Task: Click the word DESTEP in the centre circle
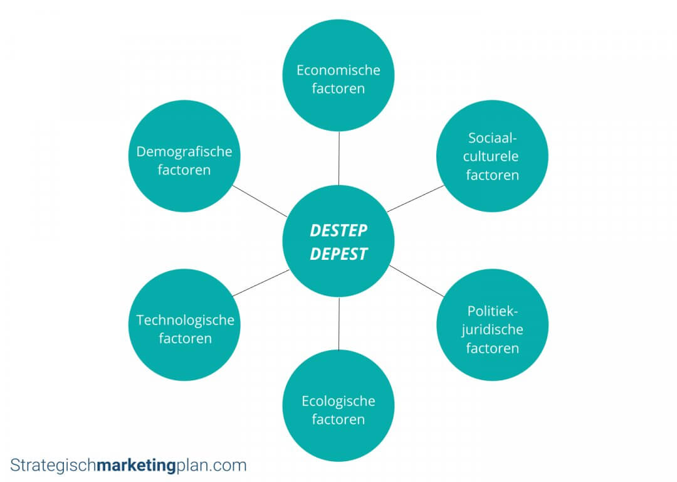coord(338,231)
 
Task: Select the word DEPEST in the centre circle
coord(338,254)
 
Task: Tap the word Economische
coord(338,70)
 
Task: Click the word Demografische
coord(184,151)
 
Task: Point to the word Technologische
coord(186,320)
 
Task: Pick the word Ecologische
coord(338,400)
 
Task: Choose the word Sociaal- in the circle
coord(492,138)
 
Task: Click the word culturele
coord(492,156)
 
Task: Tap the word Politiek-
coord(493,311)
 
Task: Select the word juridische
coord(493,329)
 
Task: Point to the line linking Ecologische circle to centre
coord(338,324)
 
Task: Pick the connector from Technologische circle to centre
coord(261,282)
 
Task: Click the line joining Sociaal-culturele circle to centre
coord(416,198)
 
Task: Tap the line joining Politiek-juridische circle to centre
coord(416,281)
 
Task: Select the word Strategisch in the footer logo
coord(54,466)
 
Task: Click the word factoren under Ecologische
coord(338,419)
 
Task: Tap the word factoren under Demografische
coord(184,169)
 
